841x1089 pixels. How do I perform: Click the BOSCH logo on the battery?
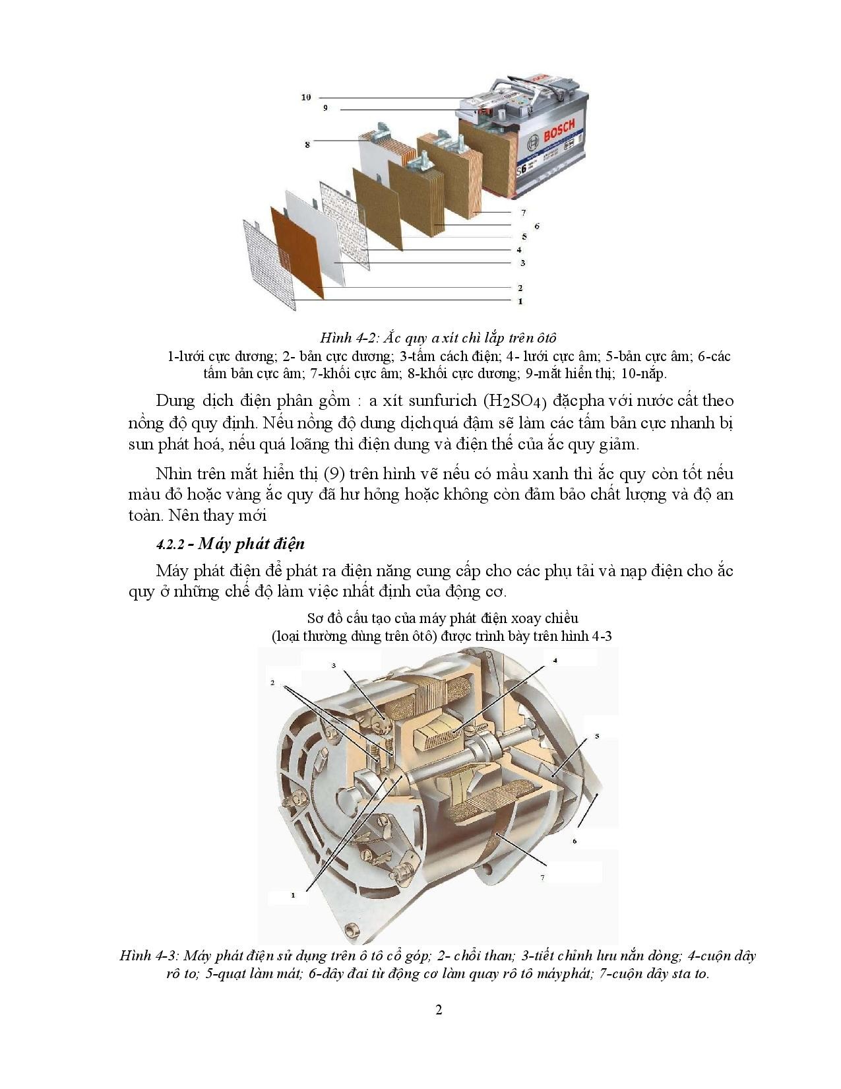559,131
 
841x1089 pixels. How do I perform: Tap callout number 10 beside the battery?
306,97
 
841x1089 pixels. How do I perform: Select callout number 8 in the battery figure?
307,144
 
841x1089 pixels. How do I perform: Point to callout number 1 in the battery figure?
520,301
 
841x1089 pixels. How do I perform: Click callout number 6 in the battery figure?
537,226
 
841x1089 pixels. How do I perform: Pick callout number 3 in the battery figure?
522,263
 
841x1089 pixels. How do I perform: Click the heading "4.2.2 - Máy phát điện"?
230,544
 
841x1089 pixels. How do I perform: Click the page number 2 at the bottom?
439,1010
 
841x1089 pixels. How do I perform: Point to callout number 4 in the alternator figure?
555,660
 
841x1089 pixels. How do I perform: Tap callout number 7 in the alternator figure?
542,877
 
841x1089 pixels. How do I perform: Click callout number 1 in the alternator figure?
293,895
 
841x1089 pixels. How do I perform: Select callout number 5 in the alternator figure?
597,735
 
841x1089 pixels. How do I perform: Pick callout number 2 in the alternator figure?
272,682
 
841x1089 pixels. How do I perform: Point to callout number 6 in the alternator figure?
575,841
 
